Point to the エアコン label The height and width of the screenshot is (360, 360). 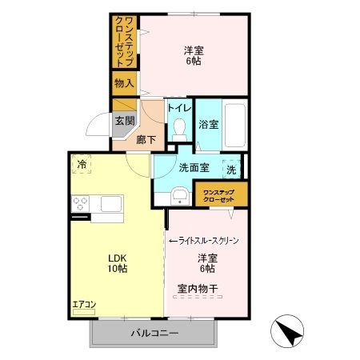(x=84, y=304)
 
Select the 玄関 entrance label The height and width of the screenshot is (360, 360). (x=123, y=122)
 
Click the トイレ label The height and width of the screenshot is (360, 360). (x=179, y=106)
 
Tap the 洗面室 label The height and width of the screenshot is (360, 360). (x=194, y=168)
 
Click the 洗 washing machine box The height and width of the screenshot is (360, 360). (x=230, y=170)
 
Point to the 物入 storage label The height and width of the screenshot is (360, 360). (x=124, y=82)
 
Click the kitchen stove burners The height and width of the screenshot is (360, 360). (x=81, y=205)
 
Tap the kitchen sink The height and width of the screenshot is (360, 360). (x=110, y=204)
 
